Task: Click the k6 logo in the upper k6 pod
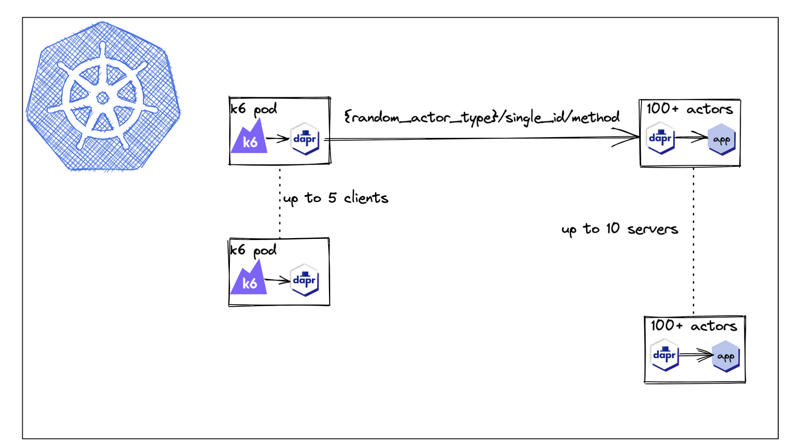(x=249, y=139)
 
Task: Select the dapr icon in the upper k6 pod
(x=305, y=139)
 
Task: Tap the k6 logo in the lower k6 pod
(x=249, y=280)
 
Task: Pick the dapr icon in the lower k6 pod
(x=304, y=280)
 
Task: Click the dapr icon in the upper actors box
(x=660, y=138)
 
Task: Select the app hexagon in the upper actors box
(x=722, y=139)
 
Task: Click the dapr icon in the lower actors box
(x=665, y=355)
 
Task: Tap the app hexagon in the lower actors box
(x=726, y=356)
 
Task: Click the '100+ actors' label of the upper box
(x=690, y=109)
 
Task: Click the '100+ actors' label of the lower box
(x=694, y=326)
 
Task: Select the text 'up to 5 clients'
(x=336, y=198)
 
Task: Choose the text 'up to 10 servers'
(x=619, y=229)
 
